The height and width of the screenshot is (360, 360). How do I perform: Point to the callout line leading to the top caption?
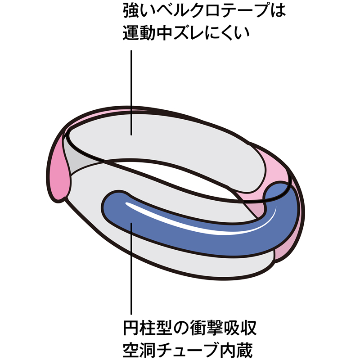[131, 93]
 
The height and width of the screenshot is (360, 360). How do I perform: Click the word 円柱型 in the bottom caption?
[148, 328]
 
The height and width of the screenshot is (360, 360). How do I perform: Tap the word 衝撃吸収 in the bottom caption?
[223, 328]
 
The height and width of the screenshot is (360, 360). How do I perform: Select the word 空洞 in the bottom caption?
[139, 350]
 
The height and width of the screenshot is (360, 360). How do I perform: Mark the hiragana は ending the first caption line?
[278, 10]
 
